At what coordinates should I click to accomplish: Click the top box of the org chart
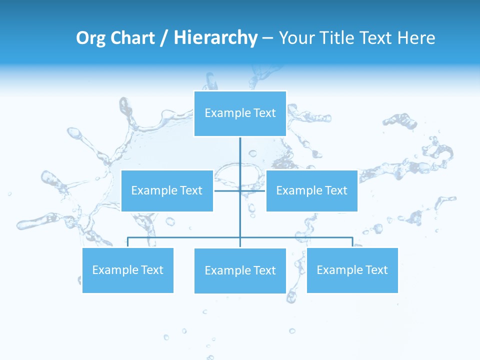pos(240,113)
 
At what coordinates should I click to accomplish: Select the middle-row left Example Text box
pos(167,190)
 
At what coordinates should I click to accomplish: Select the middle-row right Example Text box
pos(311,190)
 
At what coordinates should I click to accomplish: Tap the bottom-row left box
pos(127,270)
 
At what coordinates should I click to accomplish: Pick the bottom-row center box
pos(240,270)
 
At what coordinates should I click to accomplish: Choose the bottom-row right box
pos(352,270)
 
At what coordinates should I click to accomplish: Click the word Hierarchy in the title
pos(215,38)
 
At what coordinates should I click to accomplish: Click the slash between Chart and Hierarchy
pos(164,38)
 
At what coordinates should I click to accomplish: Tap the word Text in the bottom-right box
pos(376,270)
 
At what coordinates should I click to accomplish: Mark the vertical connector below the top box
pos(240,160)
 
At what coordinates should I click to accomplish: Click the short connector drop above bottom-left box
pos(128,242)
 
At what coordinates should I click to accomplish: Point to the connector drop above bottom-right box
pos(352,242)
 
